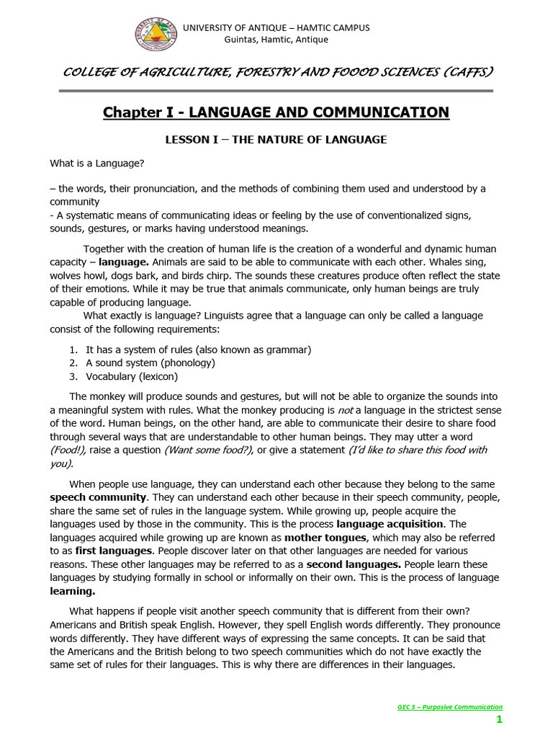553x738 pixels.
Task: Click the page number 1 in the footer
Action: click(x=498, y=720)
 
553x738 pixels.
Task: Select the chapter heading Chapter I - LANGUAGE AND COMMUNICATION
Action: click(x=276, y=112)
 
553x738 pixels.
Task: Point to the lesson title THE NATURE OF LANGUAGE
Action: click(x=309, y=140)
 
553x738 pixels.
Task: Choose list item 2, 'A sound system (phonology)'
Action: click(x=150, y=363)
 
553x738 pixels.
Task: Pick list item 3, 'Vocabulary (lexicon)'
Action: click(x=132, y=376)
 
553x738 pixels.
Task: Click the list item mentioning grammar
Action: click(x=198, y=350)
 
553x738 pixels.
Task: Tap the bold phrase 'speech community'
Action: click(x=98, y=497)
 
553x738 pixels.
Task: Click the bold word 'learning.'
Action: click(x=72, y=591)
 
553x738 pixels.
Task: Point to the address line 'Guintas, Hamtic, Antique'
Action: click(x=276, y=40)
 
